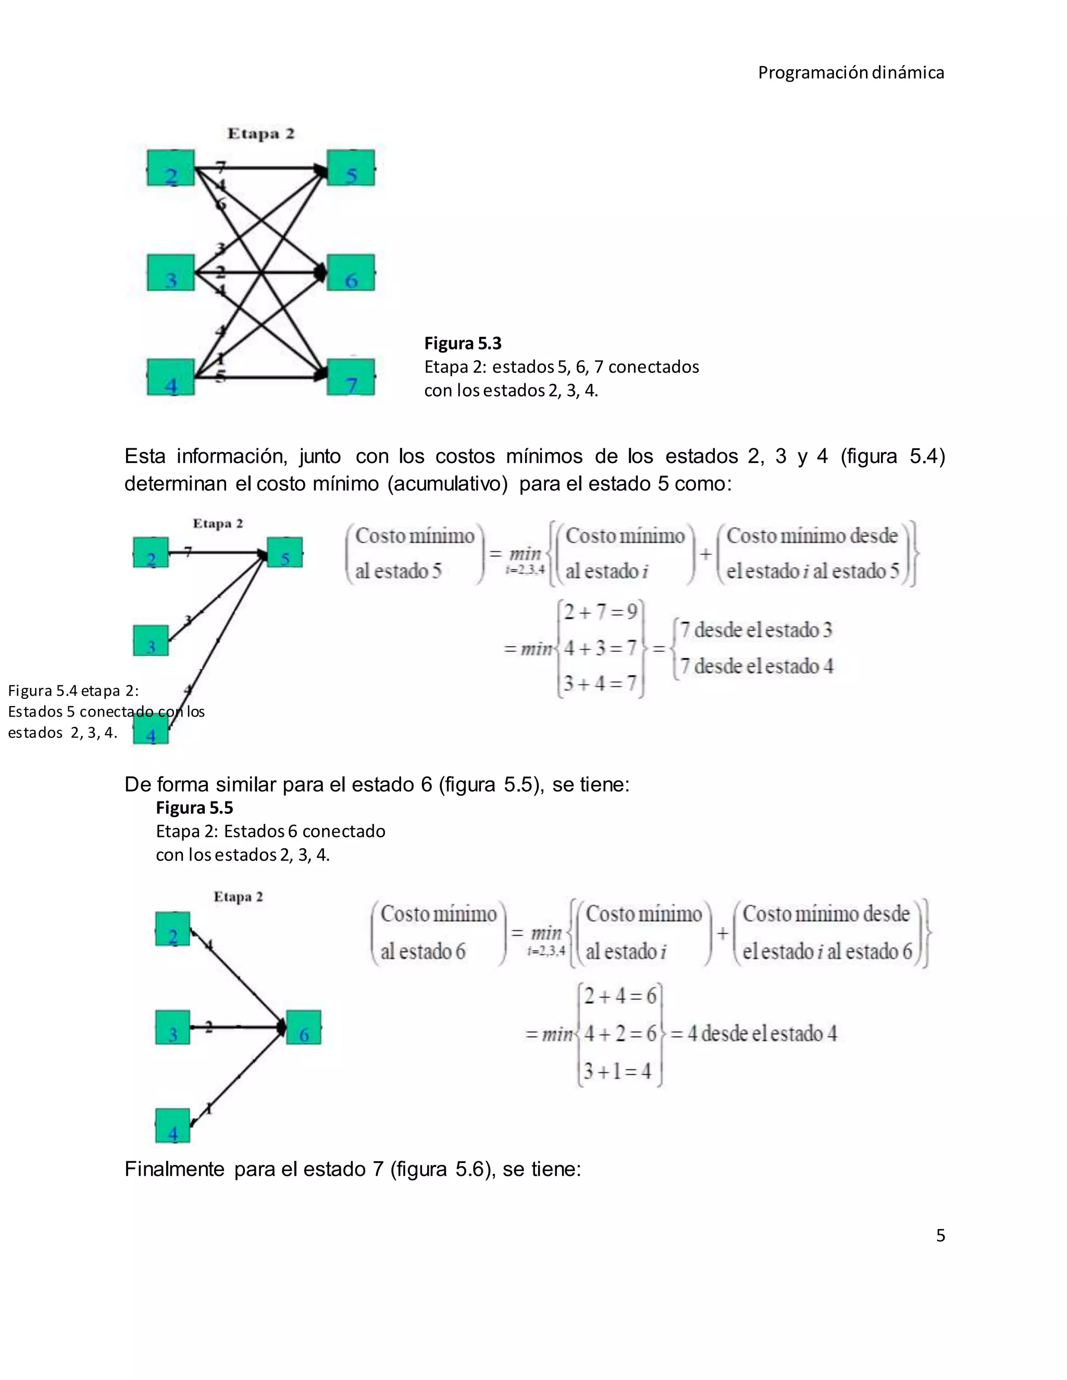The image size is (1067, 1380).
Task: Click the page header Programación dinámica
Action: coord(851,73)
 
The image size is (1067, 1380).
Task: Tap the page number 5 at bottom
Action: coord(940,1235)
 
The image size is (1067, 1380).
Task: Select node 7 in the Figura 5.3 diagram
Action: coord(351,377)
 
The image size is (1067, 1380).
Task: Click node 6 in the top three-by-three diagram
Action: coord(351,273)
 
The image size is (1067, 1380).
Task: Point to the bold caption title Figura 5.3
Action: coord(463,343)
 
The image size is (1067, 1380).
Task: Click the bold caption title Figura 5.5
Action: coord(195,808)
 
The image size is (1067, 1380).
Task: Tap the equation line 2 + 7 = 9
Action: coord(601,612)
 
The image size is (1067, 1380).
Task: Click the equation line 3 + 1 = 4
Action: coord(617,1071)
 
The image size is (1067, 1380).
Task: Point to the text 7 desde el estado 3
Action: coord(756,630)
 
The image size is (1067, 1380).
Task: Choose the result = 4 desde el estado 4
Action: coord(753,1034)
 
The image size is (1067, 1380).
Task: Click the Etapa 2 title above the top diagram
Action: coord(261,134)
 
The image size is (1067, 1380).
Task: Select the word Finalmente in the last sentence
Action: coord(175,1169)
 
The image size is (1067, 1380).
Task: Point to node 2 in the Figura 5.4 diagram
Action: coord(151,553)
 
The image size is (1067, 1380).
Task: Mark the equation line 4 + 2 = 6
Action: coord(620,1034)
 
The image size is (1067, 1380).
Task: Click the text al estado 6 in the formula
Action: coord(423,951)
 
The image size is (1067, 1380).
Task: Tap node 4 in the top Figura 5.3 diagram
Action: coord(171,377)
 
